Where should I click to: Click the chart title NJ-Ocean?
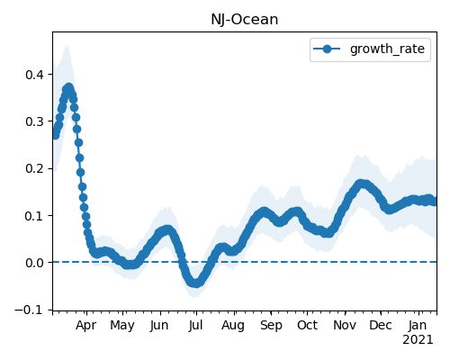tap(245, 20)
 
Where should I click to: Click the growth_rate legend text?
tap(387, 49)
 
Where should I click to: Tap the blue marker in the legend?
tap(327, 49)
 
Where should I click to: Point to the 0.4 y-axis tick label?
tap(35, 75)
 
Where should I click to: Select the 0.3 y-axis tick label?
tap(35, 121)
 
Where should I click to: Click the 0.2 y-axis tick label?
tap(35, 168)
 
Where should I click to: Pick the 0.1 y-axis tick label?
tap(35, 215)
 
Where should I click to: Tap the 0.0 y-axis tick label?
tap(35, 263)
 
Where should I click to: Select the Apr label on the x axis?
tap(86, 326)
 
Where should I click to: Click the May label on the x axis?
tap(122, 326)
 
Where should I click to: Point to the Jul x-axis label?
tap(196, 326)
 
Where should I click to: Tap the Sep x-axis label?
tap(271, 326)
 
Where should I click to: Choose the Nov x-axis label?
tap(345, 326)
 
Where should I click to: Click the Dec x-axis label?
tap(381, 326)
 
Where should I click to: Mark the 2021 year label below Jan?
tap(418, 340)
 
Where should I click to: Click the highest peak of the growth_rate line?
tap(69, 88)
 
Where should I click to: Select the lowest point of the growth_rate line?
tap(195, 283)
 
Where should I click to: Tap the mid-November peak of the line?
tap(362, 184)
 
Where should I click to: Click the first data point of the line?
tap(55, 136)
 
